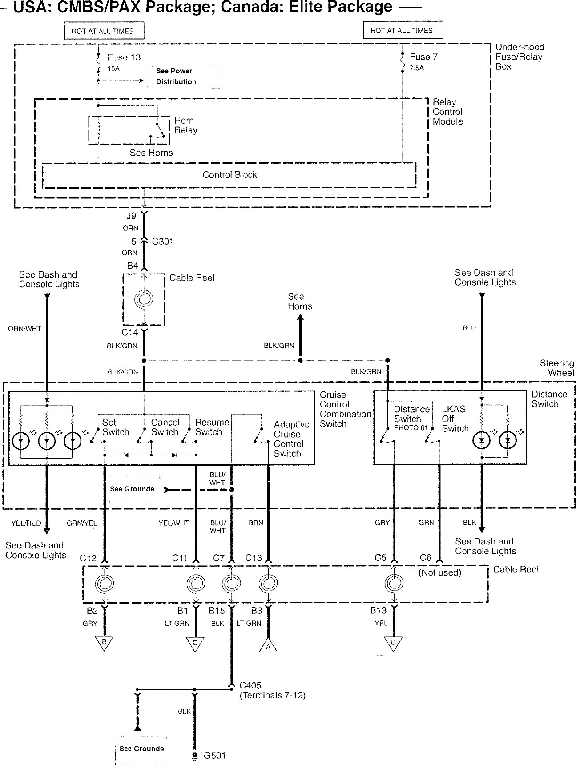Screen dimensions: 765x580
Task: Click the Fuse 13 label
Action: point(124,57)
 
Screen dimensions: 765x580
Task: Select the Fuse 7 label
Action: point(423,57)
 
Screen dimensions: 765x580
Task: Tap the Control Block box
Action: point(230,175)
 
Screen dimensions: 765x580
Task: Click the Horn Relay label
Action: point(185,125)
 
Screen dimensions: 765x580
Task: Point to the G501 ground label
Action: point(215,755)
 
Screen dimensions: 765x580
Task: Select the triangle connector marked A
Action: point(268,646)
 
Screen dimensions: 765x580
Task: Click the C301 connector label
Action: point(162,242)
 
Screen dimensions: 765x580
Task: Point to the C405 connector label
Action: point(250,685)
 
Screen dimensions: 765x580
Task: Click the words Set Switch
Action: point(116,427)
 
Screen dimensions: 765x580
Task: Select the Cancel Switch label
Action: point(165,427)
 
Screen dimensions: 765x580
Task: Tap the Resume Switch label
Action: point(212,427)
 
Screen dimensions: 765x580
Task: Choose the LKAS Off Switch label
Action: point(455,419)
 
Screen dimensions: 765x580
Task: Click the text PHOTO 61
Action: point(410,428)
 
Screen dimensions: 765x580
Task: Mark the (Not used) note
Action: point(439,572)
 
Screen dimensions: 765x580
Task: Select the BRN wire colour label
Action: point(256,523)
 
